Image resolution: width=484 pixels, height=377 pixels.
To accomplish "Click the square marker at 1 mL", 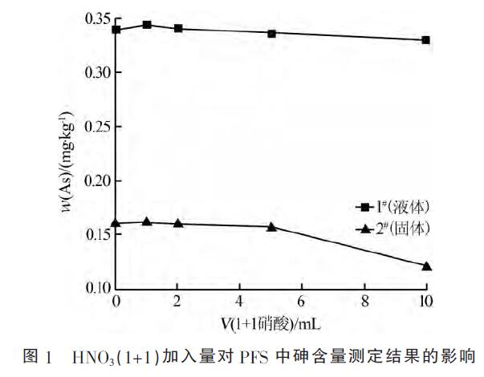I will (147, 25).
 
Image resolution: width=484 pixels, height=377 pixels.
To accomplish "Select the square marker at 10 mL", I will (426, 40).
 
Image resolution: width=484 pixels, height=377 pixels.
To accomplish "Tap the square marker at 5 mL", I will (271, 34).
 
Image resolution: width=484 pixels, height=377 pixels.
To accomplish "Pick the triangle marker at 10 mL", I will (426, 266).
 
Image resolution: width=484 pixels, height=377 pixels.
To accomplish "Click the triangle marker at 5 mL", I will (271, 227).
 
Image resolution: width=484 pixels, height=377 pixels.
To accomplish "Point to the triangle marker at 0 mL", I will (116, 223).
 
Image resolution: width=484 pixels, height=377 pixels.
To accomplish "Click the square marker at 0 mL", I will (116, 30).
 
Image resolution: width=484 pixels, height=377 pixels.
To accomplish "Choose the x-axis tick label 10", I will (425, 302).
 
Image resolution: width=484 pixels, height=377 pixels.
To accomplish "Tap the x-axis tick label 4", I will (240, 302).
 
